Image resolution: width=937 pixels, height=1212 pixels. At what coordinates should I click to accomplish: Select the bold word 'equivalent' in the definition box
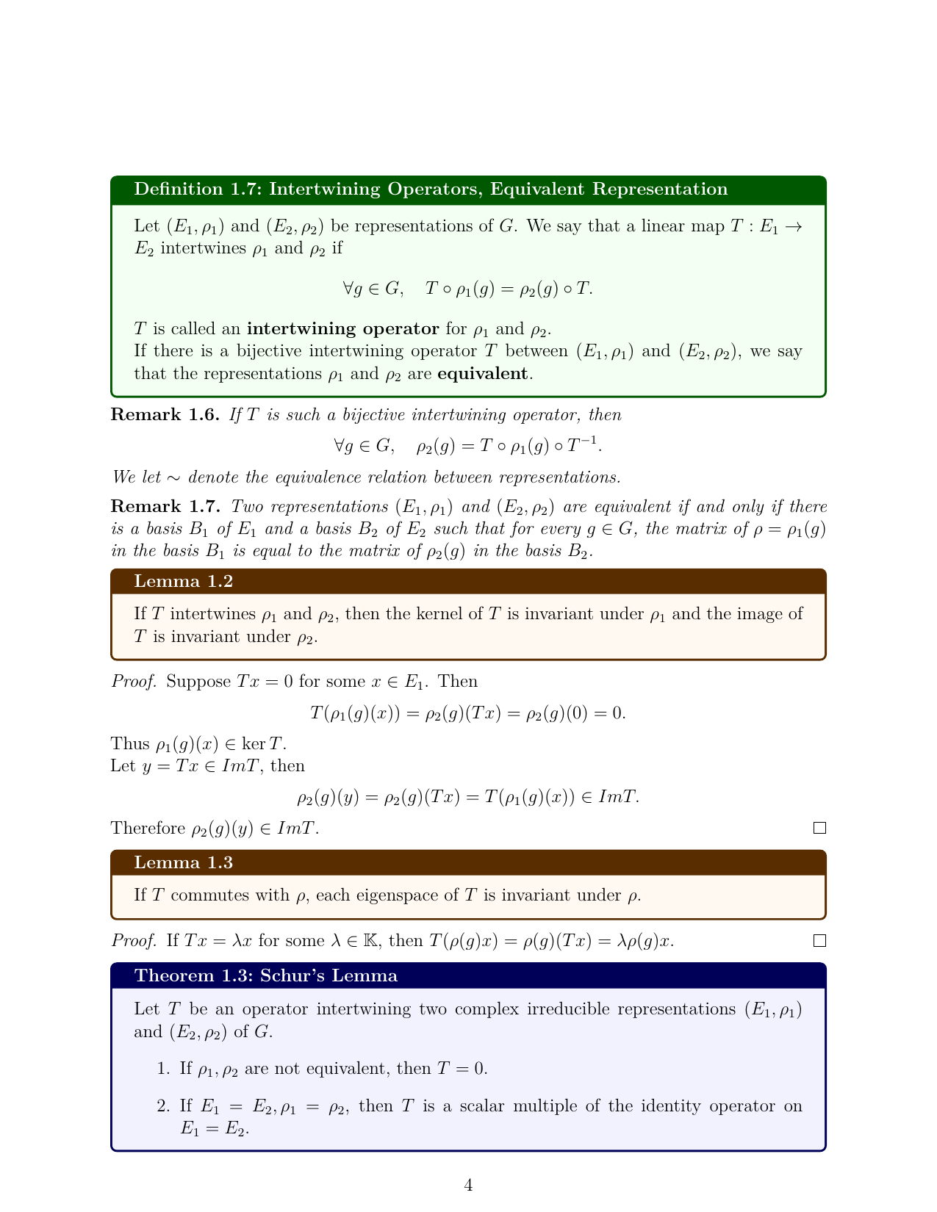click(482, 374)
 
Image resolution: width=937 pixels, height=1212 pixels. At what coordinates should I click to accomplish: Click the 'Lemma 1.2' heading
click(183, 582)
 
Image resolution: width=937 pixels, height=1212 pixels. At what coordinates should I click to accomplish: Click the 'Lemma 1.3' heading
click(183, 863)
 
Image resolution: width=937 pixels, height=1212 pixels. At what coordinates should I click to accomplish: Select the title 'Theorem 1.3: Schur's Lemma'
click(265, 976)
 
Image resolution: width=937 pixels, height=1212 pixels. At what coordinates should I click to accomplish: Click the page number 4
click(468, 1186)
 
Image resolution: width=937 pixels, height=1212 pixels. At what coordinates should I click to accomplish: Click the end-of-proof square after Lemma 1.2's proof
click(820, 829)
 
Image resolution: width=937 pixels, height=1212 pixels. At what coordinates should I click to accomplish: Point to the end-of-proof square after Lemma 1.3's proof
click(820, 941)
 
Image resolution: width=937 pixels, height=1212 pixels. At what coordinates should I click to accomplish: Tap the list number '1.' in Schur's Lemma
click(164, 1068)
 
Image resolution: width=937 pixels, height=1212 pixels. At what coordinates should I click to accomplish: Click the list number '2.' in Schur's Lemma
click(164, 1106)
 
